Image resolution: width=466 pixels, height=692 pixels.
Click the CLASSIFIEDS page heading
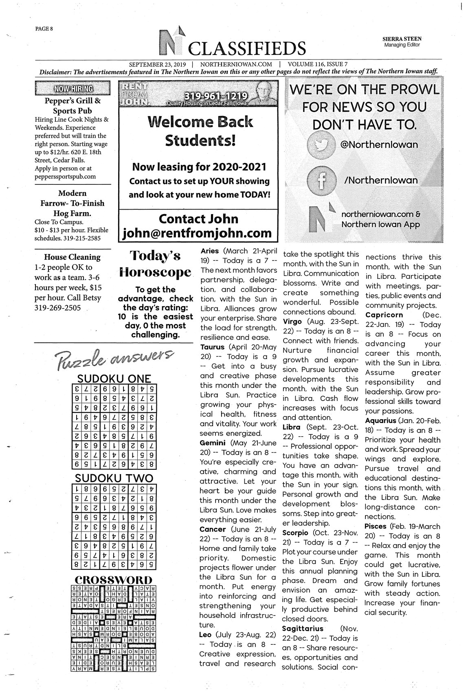(x=247, y=49)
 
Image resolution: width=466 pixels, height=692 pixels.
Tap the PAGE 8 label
(x=44, y=28)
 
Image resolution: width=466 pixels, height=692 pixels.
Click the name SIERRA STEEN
(x=402, y=39)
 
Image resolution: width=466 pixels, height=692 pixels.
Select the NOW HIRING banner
(x=73, y=88)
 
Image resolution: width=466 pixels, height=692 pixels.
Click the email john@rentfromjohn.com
(x=198, y=233)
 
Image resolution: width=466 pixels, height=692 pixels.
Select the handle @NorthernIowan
(x=379, y=145)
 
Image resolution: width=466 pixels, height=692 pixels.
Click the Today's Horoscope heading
(x=155, y=264)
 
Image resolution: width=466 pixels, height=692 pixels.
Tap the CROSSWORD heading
(x=114, y=580)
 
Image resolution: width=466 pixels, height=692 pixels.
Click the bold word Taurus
(x=212, y=347)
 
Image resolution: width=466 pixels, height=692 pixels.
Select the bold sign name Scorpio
(x=296, y=533)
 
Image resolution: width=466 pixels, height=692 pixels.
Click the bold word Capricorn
(x=384, y=315)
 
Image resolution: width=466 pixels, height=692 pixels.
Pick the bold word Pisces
(x=376, y=526)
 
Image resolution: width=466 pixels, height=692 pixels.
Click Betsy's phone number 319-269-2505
(x=58, y=308)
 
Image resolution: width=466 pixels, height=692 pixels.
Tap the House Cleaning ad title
(x=72, y=257)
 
